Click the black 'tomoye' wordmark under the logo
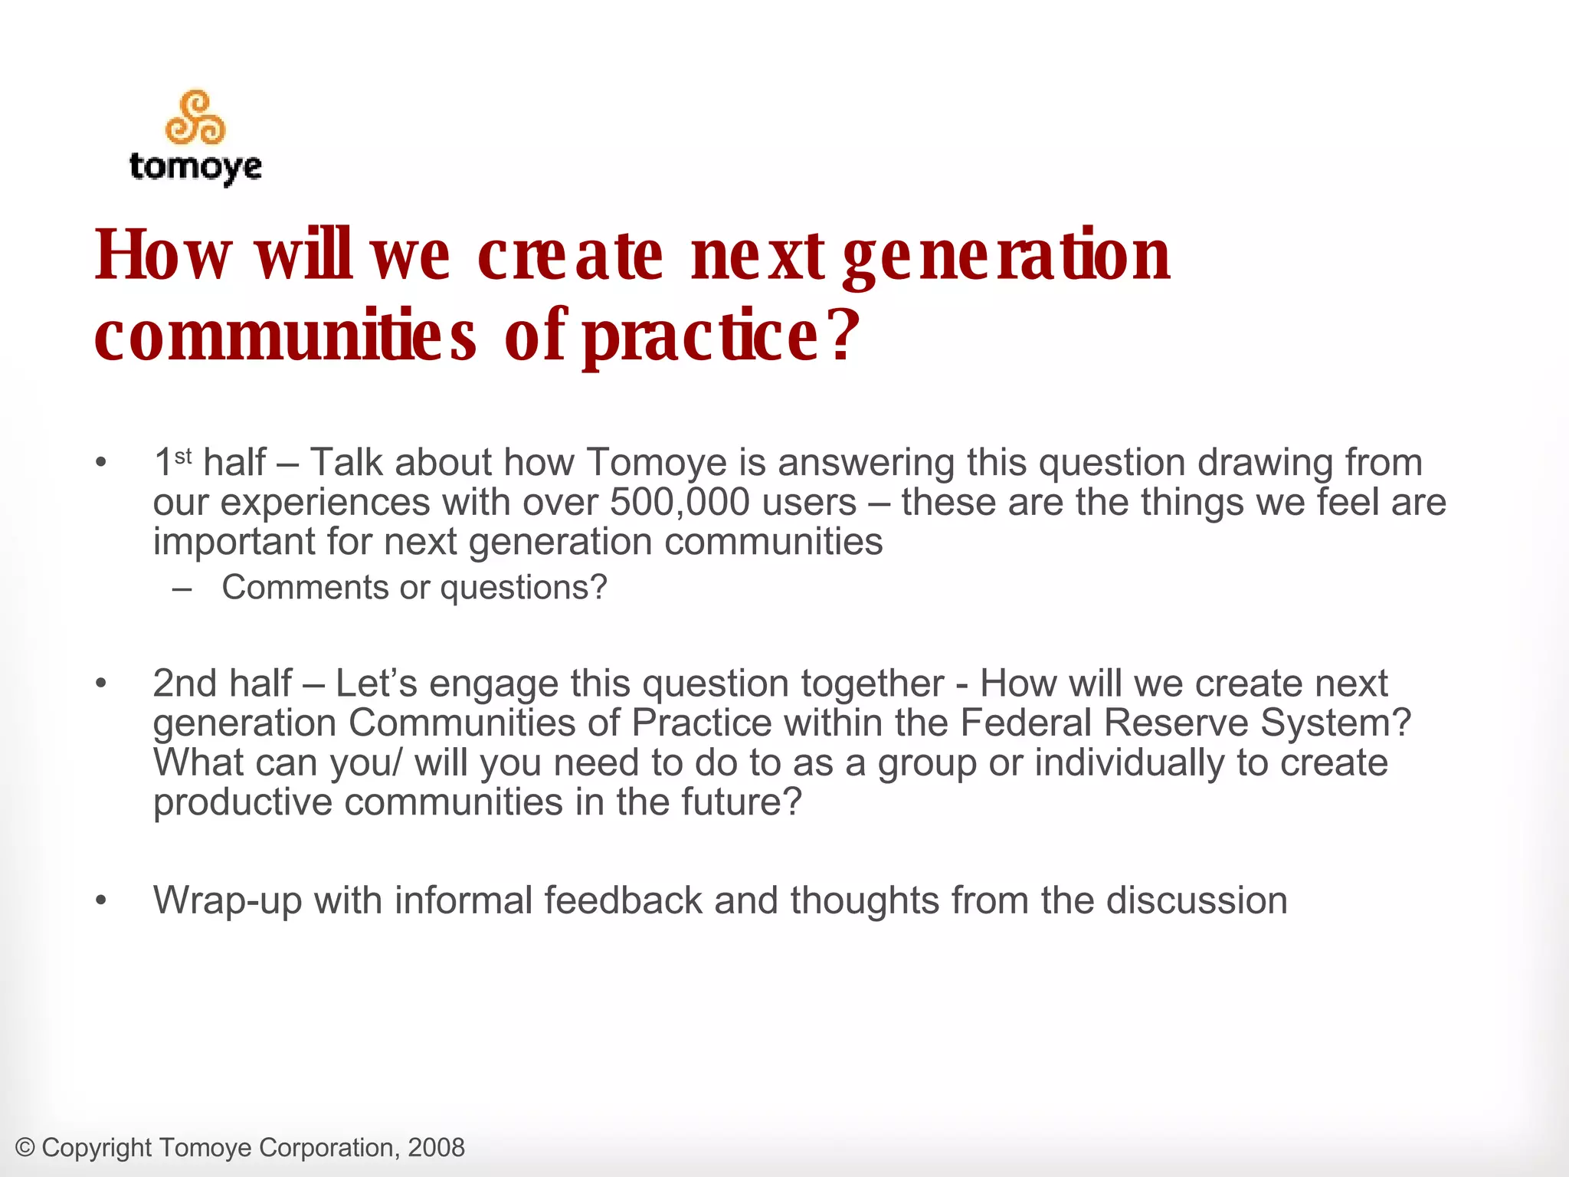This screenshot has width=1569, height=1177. (x=195, y=166)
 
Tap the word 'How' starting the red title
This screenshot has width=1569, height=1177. (x=162, y=255)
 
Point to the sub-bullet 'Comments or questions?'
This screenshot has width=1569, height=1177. (x=414, y=588)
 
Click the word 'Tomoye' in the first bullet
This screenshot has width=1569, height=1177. (x=656, y=463)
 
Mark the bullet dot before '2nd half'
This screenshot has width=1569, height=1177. (x=101, y=684)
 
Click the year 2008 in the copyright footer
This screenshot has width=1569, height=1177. (x=436, y=1148)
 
